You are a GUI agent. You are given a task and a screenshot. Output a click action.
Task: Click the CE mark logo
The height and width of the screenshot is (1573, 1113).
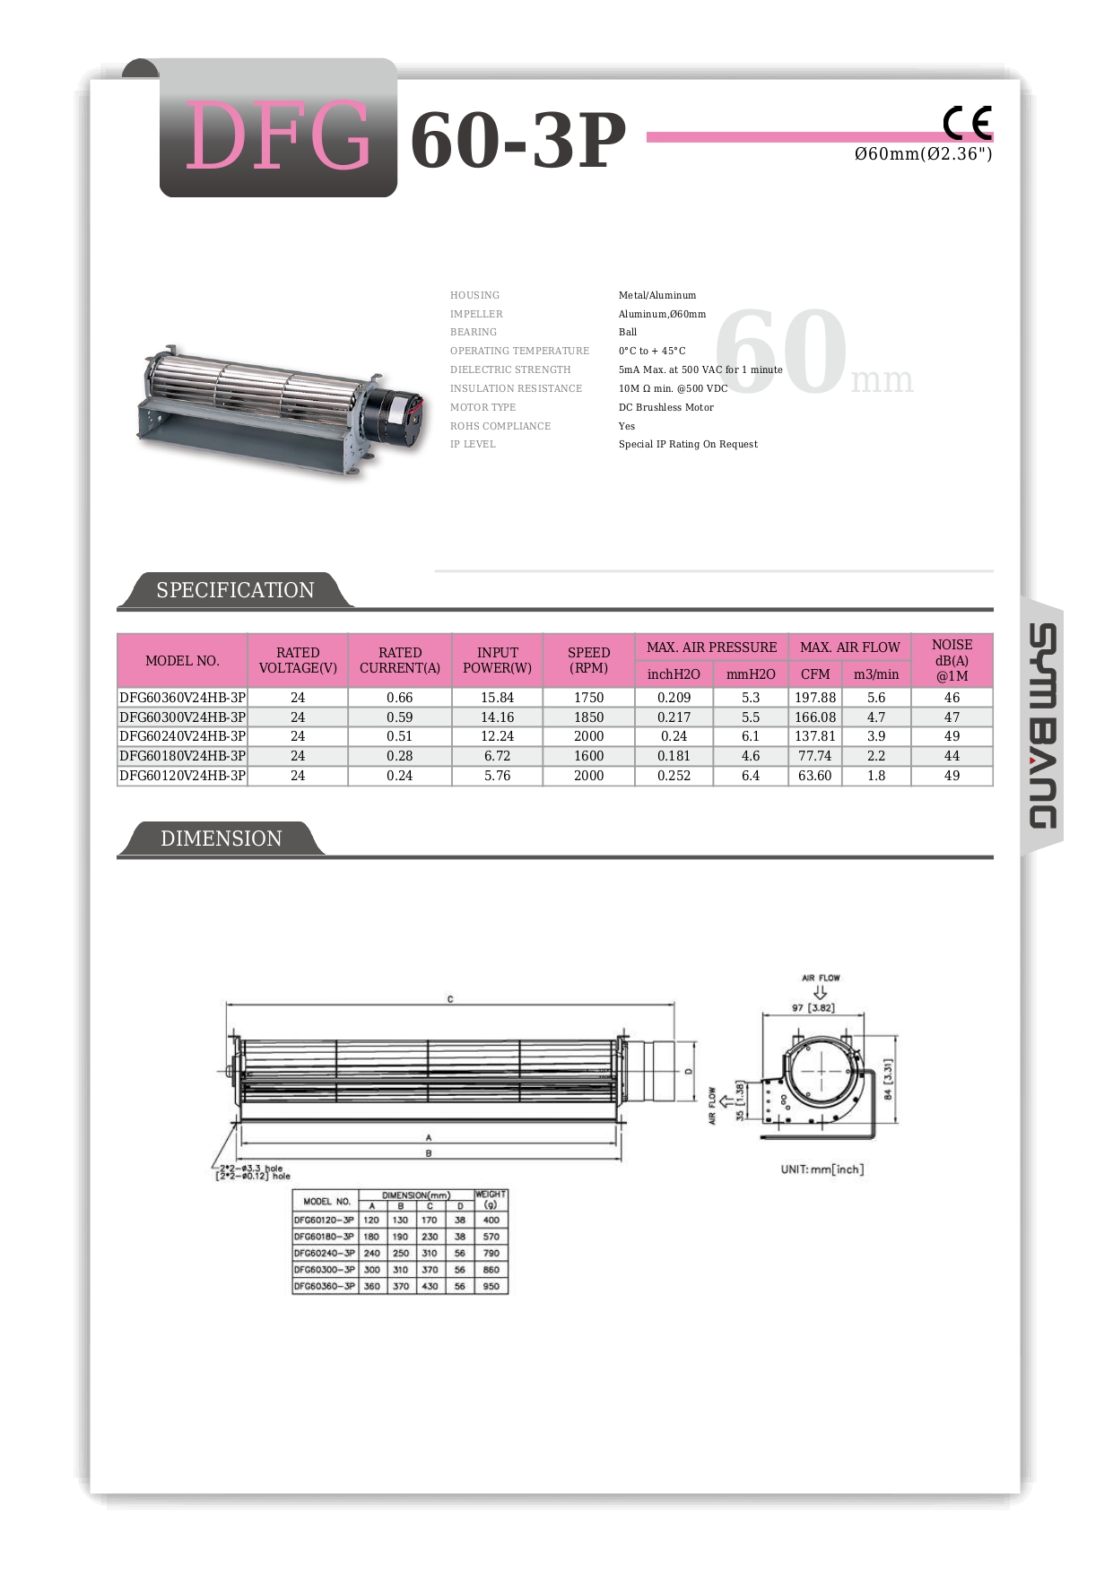[967, 123]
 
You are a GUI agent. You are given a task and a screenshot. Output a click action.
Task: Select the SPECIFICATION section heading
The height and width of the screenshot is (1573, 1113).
[235, 590]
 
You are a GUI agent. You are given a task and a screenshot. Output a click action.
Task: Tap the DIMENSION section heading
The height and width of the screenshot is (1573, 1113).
[221, 839]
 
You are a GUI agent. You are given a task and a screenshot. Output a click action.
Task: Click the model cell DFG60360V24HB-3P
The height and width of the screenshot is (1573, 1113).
[182, 698]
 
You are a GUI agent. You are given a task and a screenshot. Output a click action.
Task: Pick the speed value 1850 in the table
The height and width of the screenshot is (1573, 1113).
[588, 717]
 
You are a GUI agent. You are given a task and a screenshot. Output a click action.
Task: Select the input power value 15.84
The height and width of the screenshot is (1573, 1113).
[497, 698]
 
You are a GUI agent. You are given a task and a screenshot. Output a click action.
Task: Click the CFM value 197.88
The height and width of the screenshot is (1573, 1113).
[814, 698]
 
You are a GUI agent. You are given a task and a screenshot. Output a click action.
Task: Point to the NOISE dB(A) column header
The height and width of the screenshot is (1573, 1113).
[952, 660]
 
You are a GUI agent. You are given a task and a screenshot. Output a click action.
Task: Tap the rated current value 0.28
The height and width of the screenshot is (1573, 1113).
[399, 756]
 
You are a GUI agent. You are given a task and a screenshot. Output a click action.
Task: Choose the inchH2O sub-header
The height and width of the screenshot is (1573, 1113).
[674, 674]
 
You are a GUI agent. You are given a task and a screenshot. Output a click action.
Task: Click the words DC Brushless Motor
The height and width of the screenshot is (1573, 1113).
[666, 407]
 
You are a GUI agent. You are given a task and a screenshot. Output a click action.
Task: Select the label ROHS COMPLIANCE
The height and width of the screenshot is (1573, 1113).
[500, 426]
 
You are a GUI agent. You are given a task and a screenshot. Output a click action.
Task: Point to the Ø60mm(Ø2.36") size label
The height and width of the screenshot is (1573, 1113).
[923, 154]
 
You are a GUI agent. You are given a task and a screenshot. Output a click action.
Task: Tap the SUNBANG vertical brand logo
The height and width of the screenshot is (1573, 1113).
[1041, 726]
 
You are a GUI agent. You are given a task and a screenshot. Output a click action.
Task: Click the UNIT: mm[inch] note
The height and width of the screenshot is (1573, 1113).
[822, 1169]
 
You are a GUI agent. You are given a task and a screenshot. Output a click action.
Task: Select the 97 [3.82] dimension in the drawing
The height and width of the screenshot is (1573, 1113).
[813, 1008]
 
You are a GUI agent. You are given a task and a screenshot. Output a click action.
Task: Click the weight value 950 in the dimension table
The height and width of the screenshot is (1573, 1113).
[491, 1286]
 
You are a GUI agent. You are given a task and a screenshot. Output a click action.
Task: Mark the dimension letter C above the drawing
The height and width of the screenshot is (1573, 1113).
[450, 999]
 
